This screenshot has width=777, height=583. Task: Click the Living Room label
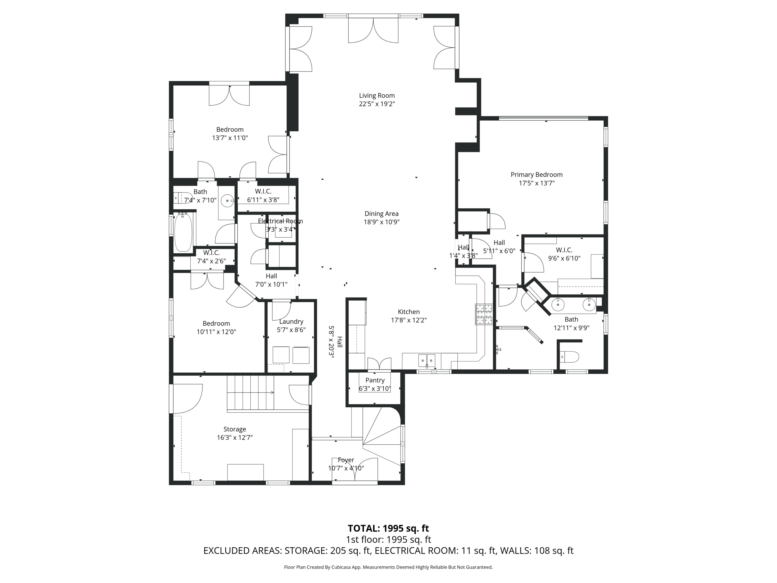[377, 96]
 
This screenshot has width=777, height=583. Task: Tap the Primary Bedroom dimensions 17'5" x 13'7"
[536, 183]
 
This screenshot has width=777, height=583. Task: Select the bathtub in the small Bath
[183, 232]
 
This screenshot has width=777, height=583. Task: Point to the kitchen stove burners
[484, 314]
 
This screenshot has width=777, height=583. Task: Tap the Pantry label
[375, 380]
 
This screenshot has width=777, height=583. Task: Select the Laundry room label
[291, 322]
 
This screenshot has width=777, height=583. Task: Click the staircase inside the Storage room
[250, 393]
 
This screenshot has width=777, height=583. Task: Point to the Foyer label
[346, 460]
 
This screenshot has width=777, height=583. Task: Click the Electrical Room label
[280, 221]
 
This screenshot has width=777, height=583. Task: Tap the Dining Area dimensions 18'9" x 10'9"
[382, 222]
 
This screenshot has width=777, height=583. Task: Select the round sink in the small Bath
[227, 201]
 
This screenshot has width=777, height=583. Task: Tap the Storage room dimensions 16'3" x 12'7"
[235, 438]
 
